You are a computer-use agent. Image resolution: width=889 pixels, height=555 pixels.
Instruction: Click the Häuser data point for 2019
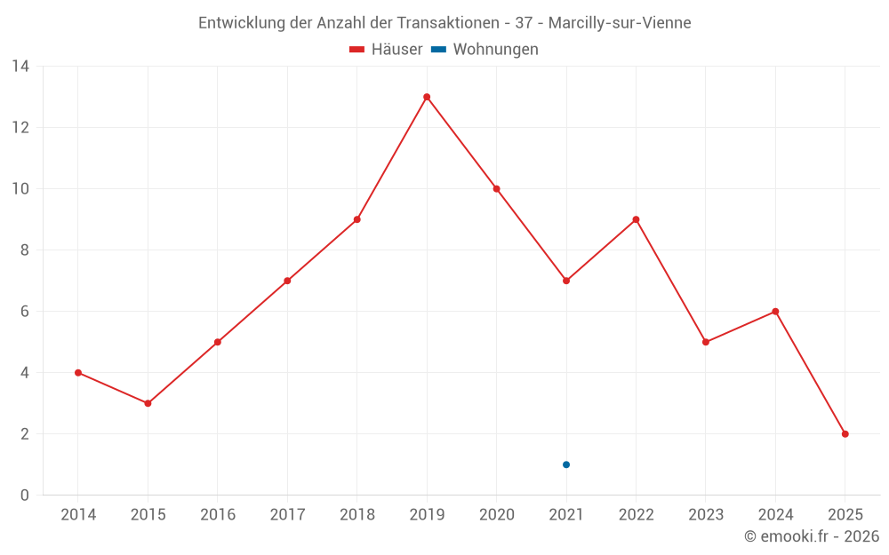(x=427, y=97)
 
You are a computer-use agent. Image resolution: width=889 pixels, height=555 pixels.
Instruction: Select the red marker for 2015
(x=148, y=403)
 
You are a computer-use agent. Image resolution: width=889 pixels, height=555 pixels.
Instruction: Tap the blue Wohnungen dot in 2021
(x=566, y=464)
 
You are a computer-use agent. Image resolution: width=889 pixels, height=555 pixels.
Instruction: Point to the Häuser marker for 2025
(x=845, y=434)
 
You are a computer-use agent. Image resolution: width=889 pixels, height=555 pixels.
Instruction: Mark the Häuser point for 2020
(x=496, y=189)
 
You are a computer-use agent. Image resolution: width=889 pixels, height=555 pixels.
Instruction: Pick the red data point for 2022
(x=636, y=219)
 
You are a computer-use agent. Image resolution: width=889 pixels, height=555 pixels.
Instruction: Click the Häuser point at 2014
(x=78, y=373)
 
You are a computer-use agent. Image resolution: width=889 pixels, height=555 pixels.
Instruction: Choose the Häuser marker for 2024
(x=775, y=312)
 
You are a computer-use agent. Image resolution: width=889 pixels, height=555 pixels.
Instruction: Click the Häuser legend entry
(x=386, y=50)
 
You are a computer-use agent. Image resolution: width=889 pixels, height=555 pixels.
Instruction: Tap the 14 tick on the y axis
(x=20, y=67)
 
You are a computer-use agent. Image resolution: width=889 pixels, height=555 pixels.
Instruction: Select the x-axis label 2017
(x=287, y=515)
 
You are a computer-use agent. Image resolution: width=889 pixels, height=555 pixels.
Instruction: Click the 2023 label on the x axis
(x=706, y=515)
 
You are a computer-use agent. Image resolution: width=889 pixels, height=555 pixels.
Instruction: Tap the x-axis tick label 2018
(x=356, y=515)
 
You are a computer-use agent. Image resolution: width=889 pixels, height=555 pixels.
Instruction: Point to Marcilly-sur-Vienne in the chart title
(x=620, y=23)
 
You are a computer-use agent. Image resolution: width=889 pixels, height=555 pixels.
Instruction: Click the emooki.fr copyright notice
(x=812, y=536)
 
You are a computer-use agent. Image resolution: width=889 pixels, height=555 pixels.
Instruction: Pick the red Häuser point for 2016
(x=218, y=342)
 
